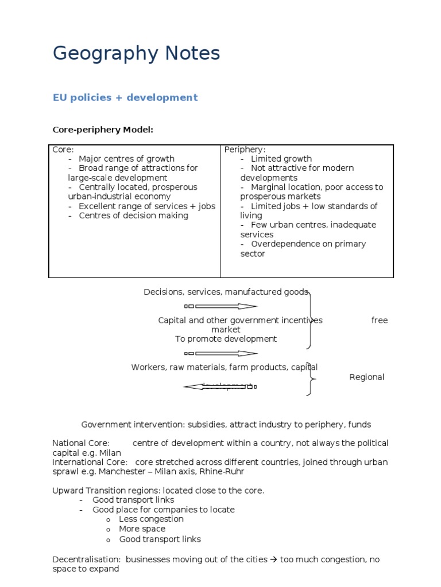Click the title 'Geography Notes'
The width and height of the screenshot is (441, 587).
point(136,54)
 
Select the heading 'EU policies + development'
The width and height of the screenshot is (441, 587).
point(125,97)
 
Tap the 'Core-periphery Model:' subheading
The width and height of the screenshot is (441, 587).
point(103,130)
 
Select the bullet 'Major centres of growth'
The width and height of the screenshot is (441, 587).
point(126,159)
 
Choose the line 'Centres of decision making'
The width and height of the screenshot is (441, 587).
point(133,216)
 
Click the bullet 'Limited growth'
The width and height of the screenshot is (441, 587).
point(281,159)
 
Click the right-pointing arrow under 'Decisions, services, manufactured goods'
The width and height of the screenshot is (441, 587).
point(221,306)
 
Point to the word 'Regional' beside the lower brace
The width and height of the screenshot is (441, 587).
point(367,377)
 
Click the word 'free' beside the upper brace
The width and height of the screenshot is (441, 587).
point(380,320)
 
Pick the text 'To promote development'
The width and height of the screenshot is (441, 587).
point(226,339)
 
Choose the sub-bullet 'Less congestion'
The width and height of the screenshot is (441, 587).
point(151,519)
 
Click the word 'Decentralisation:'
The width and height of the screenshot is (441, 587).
point(86,559)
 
